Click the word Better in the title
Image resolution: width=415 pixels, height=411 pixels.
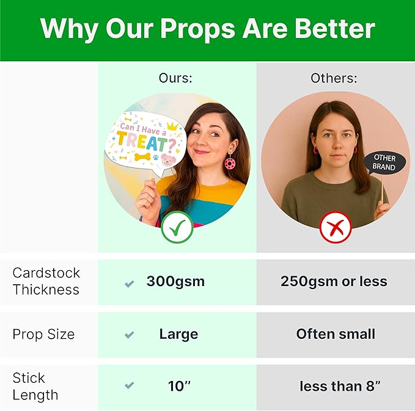pos(335,28)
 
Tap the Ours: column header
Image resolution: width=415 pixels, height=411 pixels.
pos(175,78)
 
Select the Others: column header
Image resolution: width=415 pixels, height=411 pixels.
pos(334,78)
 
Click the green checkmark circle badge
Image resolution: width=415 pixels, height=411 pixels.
pos(177,227)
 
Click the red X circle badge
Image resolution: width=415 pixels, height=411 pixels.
pos(336,227)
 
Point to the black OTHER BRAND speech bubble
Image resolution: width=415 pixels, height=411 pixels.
pos(384,163)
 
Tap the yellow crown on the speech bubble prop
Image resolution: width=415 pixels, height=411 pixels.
pos(172,126)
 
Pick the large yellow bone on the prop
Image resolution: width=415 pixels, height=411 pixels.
pos(142,157)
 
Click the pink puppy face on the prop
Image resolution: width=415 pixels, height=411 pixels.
pos(168,160)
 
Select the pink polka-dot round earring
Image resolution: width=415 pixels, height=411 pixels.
pos(230,163)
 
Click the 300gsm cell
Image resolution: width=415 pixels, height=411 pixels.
pos(175,281)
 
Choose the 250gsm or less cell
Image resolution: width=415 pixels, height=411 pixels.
pos(334,281)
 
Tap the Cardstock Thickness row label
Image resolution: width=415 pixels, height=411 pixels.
pos(46,281)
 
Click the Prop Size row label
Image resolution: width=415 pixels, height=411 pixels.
pos(43,334)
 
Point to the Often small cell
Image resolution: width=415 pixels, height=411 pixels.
pos(336,334)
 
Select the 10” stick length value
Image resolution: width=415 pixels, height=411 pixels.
pos(179,386)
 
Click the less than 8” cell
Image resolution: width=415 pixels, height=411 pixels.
pos(340,386)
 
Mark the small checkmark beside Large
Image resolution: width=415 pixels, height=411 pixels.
pos(129,335)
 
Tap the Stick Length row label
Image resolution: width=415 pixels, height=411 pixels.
pos(35,386)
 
